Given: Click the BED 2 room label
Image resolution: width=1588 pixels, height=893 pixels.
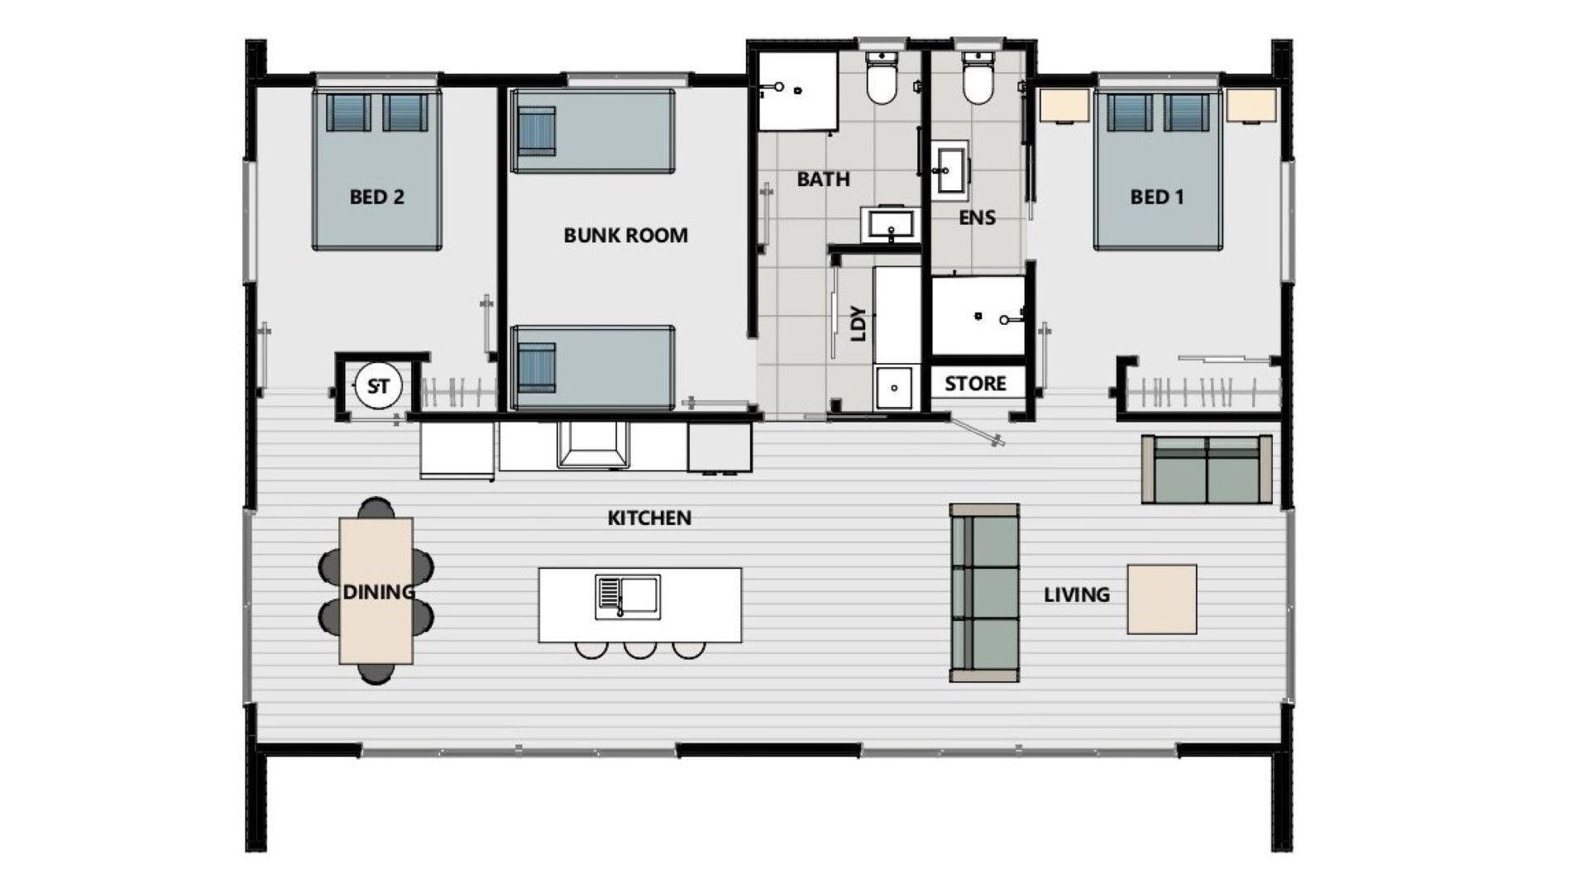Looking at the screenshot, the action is click(x=376, y=197).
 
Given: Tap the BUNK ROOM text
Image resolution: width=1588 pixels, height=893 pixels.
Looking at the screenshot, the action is click(x=625, y=235).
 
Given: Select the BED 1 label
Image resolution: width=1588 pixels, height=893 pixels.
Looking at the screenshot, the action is click(x=1157, y=197).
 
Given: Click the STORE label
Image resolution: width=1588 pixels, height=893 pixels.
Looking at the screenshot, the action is click(x=975, y=384).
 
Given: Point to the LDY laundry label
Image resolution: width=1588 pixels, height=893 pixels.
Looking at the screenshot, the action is click(x=859, y=324).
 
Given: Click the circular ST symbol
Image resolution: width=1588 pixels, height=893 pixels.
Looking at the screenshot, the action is click(x=378, y=386).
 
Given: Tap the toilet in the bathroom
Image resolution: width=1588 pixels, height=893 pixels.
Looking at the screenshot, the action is click(x=881, y=78).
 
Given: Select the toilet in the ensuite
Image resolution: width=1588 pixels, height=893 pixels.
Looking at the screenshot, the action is click(x=978, y=78).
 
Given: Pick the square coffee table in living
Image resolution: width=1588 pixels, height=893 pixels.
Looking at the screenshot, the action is click(x=1162, y=599).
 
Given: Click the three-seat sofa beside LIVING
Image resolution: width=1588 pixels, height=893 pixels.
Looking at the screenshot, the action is click(x=984, y=593).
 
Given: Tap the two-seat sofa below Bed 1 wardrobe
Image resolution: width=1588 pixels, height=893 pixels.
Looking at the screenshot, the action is click(x=1207, y=470).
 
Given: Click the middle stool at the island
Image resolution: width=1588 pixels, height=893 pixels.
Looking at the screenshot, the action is click(x=640, y=650).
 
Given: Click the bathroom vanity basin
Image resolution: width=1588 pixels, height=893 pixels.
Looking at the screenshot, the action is click(x=890, y=224).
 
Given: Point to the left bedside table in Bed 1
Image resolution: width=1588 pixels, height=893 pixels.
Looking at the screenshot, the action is click(x=1064, y=105).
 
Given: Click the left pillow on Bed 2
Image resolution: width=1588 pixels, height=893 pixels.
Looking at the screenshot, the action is click(x=347, y=112).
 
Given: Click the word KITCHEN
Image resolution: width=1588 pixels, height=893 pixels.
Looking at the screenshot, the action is click(x=649, y=518).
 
